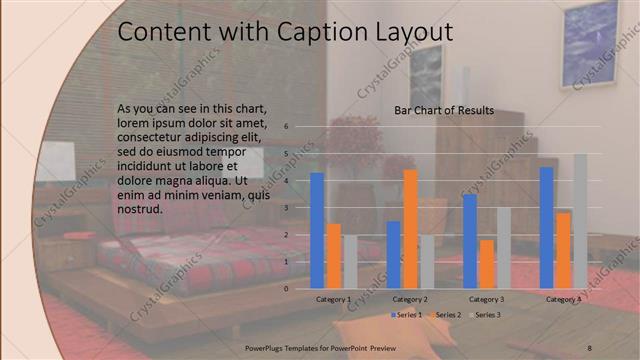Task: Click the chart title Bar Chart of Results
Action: pyautogui.click(x=444, y=110)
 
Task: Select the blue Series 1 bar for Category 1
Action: pyautogui.click(x=317, y=230)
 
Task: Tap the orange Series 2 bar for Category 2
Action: pyautogui.click(x=410, y=229)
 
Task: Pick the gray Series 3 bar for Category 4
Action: pyautogui.click(x=580, y=221)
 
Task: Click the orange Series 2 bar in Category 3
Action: pyautogui.click(x=486, y=264)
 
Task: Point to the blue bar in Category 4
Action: pyautogui.click(x=546, y=227)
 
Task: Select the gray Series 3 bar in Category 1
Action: pyautogui.click(x=349, y=261)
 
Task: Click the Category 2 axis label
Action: pyautogui.click(x=410, y=299)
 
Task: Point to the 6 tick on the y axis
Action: pyautogui.click(x=286, y=127)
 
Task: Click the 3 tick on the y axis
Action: pyautogui.click(x=286, y=208)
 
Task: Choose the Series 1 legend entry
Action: pyautogui.click(x=405, y=315)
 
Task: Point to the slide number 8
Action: pyautogui.click(x=590, y=346)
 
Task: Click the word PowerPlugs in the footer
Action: pyautogui.click(x=268, y=346)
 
